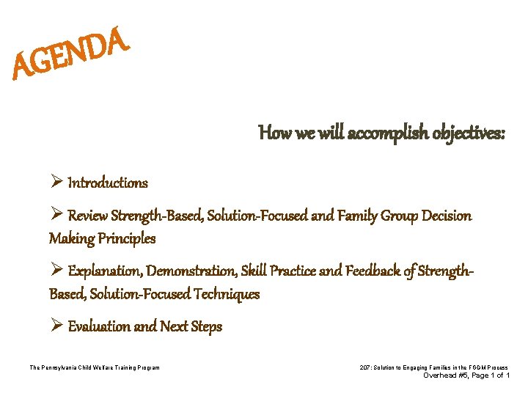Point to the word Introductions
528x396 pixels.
pos(108,183)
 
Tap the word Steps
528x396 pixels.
pos(205,326)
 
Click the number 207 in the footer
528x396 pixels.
pos(367,367)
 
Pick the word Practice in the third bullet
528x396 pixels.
pos(294,271)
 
